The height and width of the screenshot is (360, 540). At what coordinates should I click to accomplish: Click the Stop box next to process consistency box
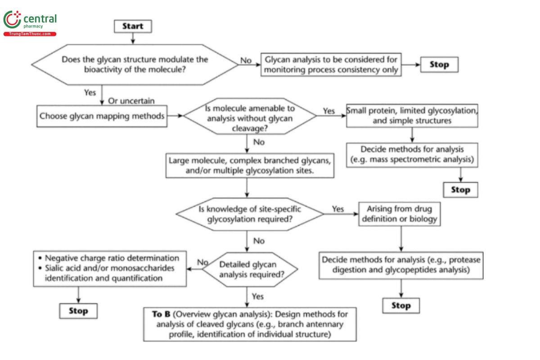(x=439, y=64)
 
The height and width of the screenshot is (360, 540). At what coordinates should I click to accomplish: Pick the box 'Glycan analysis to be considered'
(x=331, y=65)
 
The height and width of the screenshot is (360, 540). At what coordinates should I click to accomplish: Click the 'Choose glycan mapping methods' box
(x=101, y=116)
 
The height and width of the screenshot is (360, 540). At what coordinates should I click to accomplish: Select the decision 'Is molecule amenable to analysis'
(x=250, y=116)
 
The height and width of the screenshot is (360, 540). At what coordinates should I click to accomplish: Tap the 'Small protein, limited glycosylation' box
(x=412, y=116)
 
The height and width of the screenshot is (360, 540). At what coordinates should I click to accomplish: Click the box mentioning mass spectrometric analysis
(x=412, y=155)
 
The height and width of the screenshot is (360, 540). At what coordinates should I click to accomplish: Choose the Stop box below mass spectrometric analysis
(x=460, y=190)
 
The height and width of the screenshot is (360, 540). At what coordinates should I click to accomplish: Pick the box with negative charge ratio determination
(x=110, y=268)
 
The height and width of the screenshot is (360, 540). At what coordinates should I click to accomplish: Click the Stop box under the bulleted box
(x=78, y=311)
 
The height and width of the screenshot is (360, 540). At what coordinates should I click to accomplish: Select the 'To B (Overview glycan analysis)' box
(x=250, y=324)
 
